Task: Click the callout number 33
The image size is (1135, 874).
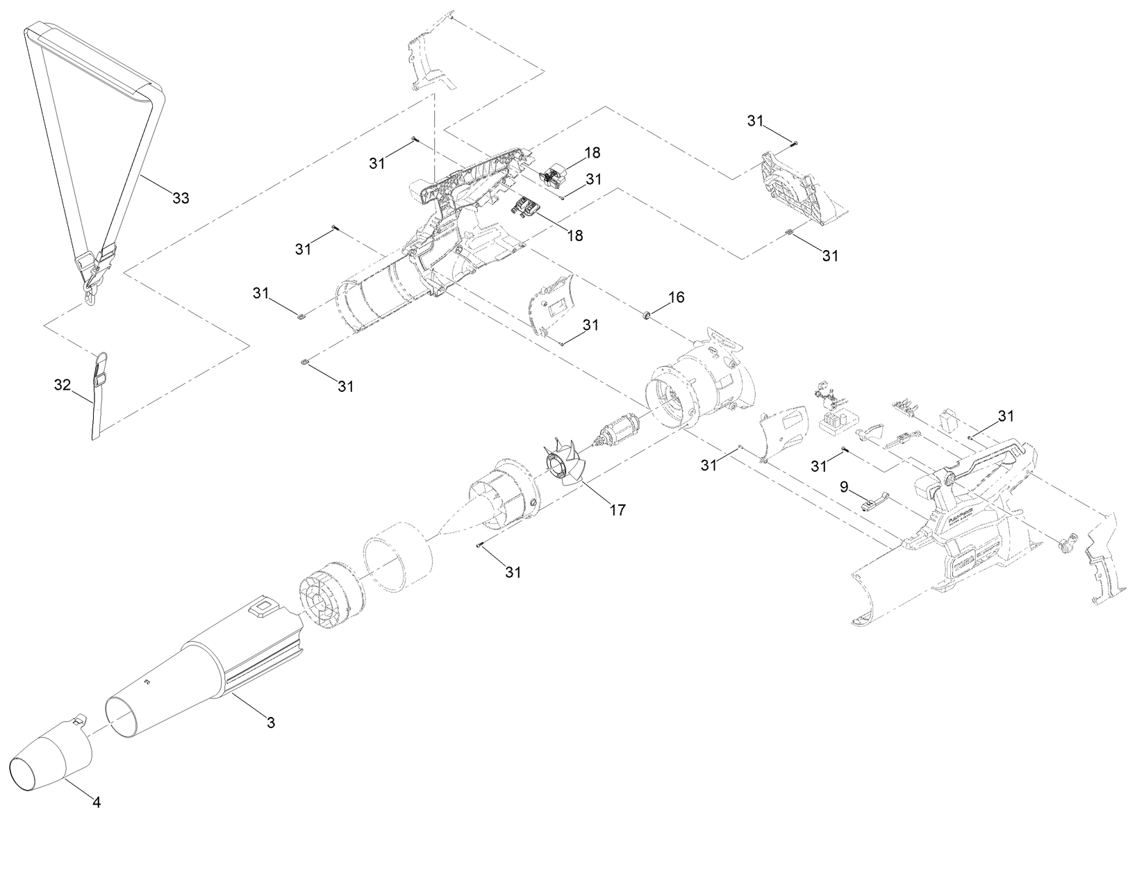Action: pos(180,198)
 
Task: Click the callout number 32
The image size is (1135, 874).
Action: pos(63,384)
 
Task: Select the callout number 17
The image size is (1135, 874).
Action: pos(617,510)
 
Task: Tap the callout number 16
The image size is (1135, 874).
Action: pos(676,297)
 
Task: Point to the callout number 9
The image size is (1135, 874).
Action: pos(844,487)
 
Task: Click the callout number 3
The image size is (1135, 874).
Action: pos(271,723)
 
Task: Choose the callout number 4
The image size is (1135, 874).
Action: pos(97,802)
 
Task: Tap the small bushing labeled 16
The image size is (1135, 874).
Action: pos(645,316)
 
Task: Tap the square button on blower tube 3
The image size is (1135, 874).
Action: pos(263,609)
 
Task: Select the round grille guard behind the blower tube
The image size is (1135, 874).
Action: pos(326,595)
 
